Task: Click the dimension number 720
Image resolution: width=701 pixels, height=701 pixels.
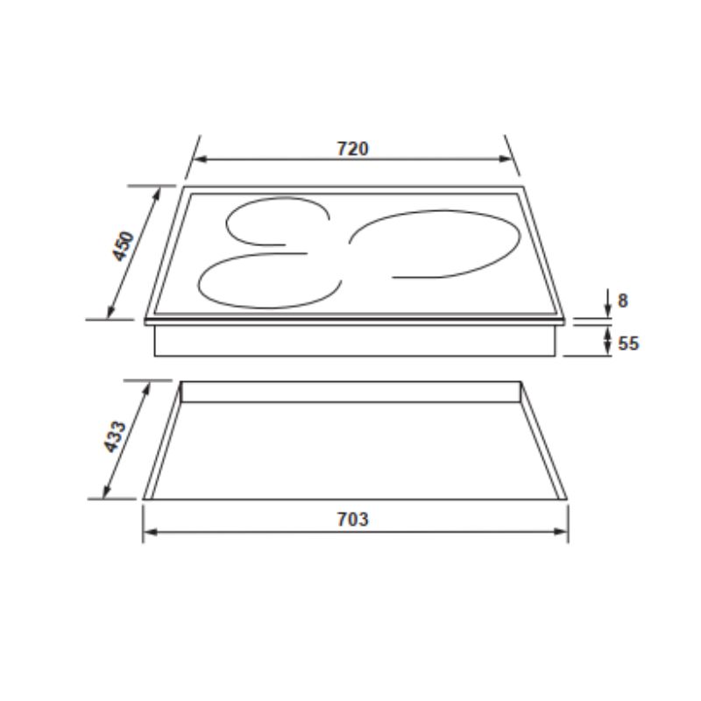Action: [352, 148]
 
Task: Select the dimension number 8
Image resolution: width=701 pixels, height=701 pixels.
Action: [622, 301]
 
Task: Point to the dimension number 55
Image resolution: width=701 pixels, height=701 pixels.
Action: [627, 343]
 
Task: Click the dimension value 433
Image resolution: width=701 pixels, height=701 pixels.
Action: [116, 435]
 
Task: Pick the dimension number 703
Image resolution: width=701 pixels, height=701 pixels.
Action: [352, 519]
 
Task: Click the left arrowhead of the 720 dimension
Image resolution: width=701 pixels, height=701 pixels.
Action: [198, 159]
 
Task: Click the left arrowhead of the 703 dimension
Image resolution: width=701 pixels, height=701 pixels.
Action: [149, 531]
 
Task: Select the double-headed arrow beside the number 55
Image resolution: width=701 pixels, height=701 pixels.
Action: [607, 340]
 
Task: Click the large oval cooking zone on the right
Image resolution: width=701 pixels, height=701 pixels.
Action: [434, 244]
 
